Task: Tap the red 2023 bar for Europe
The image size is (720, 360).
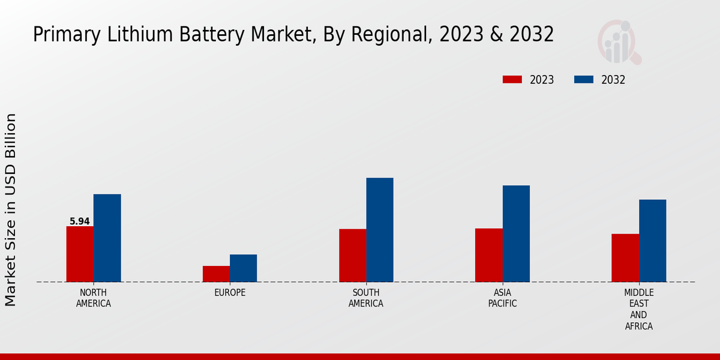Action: [x=216, y=274]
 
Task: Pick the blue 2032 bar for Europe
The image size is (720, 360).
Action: [x=243, y=268]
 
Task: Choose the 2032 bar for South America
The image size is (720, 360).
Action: [x=380, y=230]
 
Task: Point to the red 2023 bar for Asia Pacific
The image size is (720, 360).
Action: [x=489, y=255]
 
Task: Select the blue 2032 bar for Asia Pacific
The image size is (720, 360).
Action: [x=516, y=233]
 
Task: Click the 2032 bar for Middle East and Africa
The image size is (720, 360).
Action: [x=652, y=241]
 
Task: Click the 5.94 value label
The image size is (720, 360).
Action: [x=80, y=221]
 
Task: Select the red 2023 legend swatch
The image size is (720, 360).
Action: [x=512, y=80]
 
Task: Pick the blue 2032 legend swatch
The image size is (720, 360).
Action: [x=584, y=80]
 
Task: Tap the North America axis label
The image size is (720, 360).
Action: [x=94, y=298]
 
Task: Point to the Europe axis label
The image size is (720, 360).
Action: [x=230, y=293]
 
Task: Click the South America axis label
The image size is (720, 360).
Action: [x=366, y=298]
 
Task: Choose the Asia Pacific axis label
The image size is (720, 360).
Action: [x=503, y=298]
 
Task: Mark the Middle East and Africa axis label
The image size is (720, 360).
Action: [x=639, y=310]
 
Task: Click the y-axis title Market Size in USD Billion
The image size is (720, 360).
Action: [x=11, y=209]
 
